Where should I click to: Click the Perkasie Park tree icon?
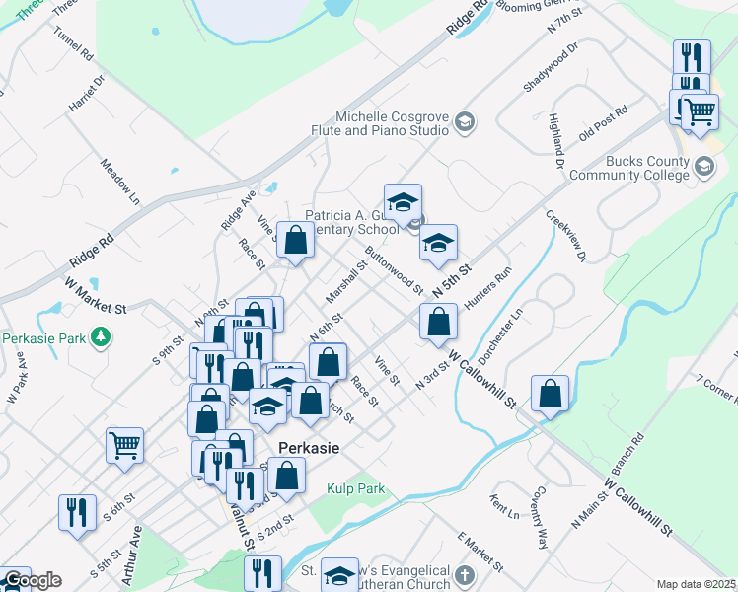coord(99,338)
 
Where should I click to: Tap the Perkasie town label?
coord(309,447)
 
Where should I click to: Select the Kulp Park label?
coord(355,488)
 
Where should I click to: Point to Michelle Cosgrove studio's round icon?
coord(465,122)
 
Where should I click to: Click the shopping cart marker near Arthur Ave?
coord(125,445)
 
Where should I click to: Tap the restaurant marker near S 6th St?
coord(77,513)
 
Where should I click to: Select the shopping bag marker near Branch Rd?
coord(551,392)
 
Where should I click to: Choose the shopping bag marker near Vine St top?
coord(296,239)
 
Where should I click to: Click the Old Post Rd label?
coord(603,122)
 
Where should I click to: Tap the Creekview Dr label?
coord(565,237)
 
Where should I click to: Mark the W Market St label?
coord(97,295)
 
